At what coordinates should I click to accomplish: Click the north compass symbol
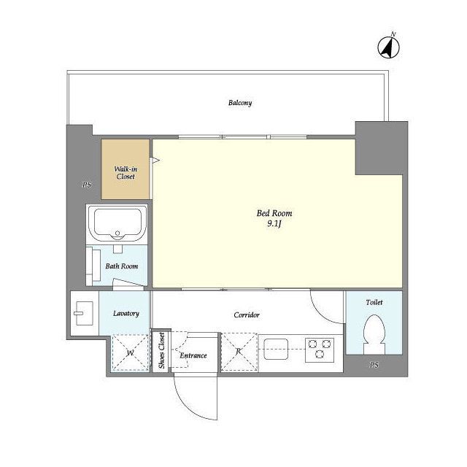pos(389,47)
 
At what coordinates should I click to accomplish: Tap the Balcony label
pos(240,103)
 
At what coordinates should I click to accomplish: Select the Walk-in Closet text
pos(126,173)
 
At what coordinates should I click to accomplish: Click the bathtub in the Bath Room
pos(117,224)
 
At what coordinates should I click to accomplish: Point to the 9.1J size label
pos(274,224)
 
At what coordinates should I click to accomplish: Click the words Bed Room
pos(274,213)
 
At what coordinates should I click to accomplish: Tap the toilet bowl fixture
pos(374,334)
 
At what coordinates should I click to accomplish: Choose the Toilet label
pos(374,302)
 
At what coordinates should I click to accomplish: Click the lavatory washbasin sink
pos(85,313)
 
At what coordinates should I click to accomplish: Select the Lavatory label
pos(126,313)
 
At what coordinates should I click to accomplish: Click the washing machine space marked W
pos(130,353)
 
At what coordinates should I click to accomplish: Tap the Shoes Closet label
pos(162,350)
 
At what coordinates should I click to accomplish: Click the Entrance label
pos(193,355)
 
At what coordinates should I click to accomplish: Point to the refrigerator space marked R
pos(239,352)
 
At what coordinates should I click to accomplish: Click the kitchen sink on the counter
pos(276,349)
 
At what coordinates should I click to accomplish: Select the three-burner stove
pos(320,350)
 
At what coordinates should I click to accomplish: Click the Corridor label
pos(247,314)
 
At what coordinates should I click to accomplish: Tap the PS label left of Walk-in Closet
pos(87,185)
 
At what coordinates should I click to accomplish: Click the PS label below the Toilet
pos(374,365)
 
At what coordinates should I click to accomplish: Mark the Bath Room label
pos(122,266)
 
